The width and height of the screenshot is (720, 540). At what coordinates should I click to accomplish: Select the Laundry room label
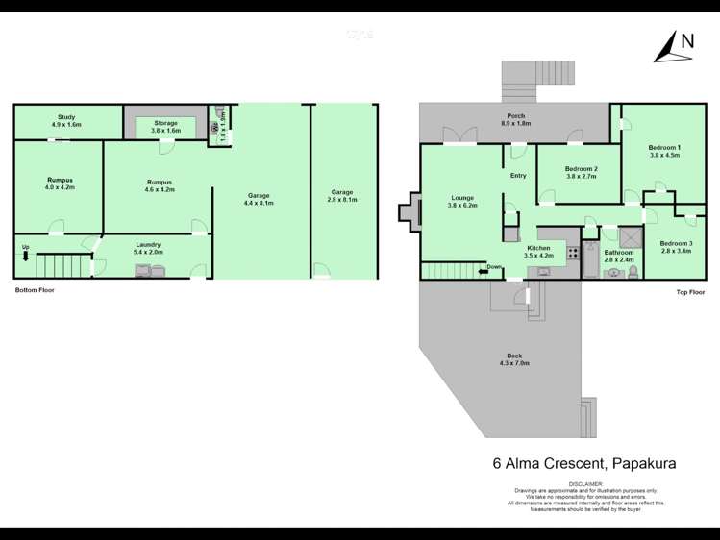[147, 248]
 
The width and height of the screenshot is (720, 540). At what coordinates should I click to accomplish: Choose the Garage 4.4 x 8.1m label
[258, 199]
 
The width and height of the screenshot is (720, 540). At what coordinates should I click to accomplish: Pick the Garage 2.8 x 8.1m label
[343, 196]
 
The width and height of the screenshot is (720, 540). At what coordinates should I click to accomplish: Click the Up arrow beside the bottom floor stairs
[25, 253]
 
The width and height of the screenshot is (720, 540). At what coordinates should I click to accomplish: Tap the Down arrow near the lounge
[491, 268]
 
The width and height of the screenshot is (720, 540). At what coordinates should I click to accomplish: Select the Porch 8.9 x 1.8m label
[516, 120]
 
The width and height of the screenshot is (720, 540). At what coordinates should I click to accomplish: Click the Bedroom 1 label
[664, 151]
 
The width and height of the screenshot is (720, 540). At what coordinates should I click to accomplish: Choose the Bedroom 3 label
[676, 247]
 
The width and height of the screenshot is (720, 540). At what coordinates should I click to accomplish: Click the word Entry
[518, 176]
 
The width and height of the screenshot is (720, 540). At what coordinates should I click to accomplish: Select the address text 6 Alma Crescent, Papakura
[584, 463]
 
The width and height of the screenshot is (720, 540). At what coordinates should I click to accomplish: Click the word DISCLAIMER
[584, 484]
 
